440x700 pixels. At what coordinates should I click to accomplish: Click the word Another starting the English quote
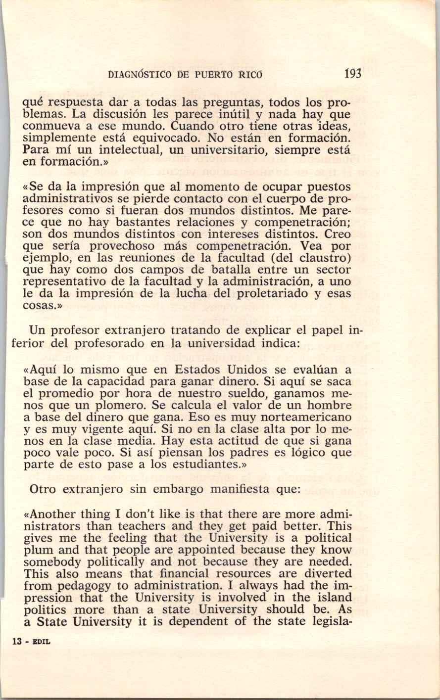52,514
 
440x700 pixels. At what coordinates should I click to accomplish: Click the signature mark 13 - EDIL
31,641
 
